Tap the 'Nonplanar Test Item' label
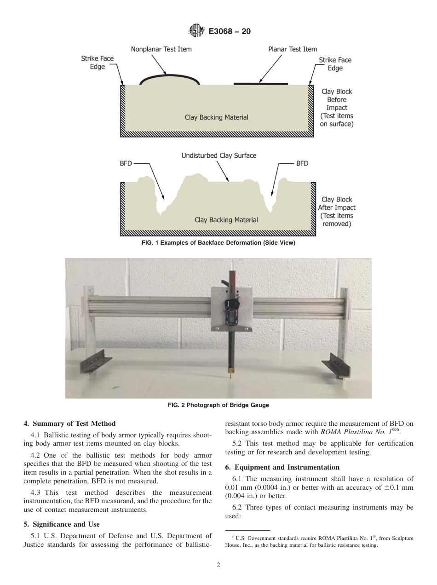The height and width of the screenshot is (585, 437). pos(161,49)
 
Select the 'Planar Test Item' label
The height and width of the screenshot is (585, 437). pos(293,49)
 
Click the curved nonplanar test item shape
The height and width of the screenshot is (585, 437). pos(169,79)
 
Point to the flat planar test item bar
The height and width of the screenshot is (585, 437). pos(261,84)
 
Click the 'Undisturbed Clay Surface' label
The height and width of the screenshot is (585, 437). pos(218,155)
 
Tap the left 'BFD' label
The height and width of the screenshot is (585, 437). pos(126,163)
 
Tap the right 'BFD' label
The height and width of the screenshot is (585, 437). pos(302,163)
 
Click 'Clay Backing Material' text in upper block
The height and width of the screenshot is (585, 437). pos(216,117)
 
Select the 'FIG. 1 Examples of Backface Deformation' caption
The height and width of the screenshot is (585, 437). pos(218,243)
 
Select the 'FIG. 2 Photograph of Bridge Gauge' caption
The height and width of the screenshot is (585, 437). pos(218,405)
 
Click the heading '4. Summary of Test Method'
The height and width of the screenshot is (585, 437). pos(69,424)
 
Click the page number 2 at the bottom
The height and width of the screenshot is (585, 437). pos(218,565)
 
